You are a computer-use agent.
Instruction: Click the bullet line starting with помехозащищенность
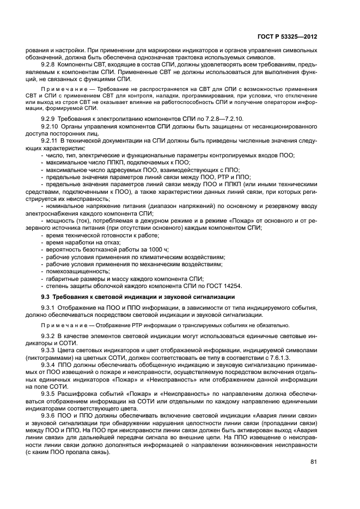[x=77, y=271]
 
